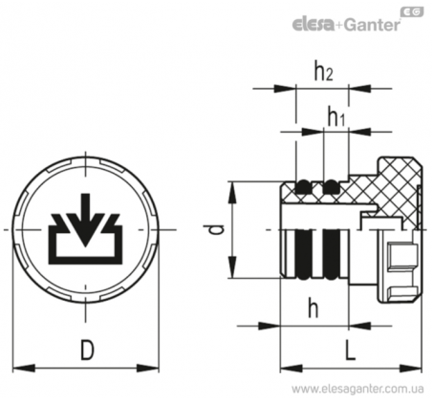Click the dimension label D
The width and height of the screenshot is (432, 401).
coord(87,349)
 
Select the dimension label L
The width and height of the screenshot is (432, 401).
coord(351,349)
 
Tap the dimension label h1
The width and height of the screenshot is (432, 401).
coord(336,116)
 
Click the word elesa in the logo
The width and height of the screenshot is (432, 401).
coord(313,25)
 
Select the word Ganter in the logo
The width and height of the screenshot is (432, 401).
coord(372,25)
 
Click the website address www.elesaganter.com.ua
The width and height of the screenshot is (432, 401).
coord(357,389)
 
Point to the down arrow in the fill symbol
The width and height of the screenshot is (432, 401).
coord(85,220)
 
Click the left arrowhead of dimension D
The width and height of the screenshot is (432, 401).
coord(24,369)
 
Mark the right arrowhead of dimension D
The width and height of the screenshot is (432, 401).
coord(148,369)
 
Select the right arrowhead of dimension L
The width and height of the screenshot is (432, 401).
coord(411,369)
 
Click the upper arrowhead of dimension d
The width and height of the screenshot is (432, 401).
coord(233,193)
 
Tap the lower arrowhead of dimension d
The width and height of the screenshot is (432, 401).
coord(233,267)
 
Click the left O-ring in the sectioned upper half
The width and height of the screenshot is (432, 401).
coord(303,187)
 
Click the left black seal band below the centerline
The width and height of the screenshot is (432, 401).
coord(303,254)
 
